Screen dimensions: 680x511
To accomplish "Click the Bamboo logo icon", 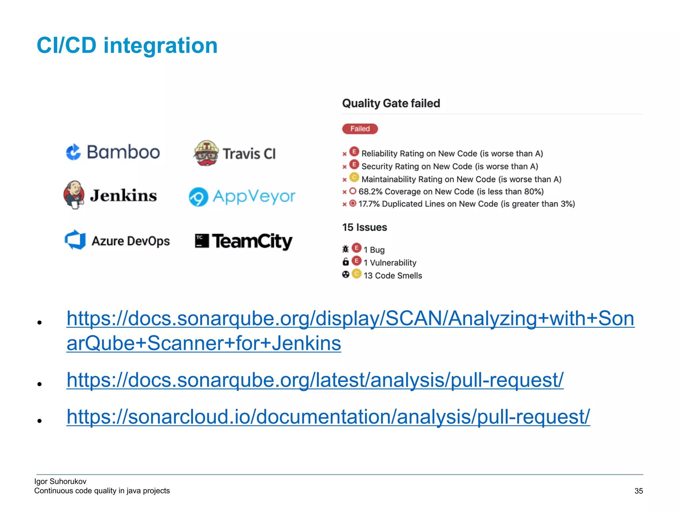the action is coord(73,152).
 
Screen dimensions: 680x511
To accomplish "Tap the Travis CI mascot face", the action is coord(206,153).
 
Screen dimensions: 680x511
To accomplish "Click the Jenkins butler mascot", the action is coord(74,195).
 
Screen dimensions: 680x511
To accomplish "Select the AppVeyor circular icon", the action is coord(199,197).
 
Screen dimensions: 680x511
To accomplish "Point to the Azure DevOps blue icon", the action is coord(75,240).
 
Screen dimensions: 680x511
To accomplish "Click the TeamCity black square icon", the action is coord(202,241).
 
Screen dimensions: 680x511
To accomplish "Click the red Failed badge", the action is coord(360,129).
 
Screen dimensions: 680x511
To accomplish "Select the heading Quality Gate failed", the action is coord(391,103).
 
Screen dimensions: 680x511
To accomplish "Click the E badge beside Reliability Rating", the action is coord(354,152).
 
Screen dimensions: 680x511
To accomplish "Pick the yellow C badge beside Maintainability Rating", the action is coord(354,178).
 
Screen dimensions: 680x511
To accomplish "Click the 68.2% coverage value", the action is coord(371,191).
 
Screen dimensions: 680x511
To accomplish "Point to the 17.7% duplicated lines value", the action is coord(369,204).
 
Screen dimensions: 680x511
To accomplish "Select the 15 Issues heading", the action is coord(365,227).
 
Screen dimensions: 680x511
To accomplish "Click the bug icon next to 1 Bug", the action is coord(346,249).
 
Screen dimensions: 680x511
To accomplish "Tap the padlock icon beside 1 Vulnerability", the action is coord(346,262).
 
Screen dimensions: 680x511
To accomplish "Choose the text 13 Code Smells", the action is coord(392,275).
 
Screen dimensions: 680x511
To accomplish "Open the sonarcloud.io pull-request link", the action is coord(328,417).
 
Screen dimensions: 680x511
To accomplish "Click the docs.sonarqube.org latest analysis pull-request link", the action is coord(315,380).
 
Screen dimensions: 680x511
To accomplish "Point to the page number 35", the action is coord(638,491).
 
